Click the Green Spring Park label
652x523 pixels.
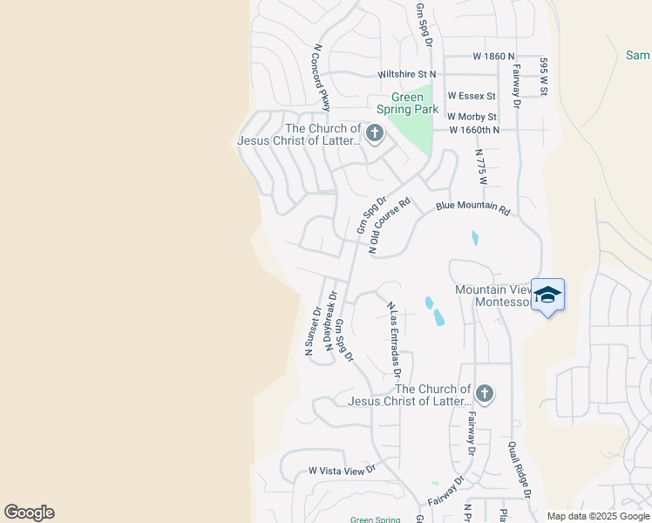coord(407,103)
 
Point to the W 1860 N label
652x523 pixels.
coord(477,56)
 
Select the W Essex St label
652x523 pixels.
coord(472,96)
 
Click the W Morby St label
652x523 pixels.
coord(472,117)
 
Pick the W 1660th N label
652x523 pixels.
coord(474,130)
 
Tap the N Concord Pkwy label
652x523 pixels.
coord(320,78)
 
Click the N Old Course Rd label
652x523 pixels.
coord(390,225)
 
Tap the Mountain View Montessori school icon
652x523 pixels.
coord(547,295)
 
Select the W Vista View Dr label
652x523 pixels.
coord(342,470)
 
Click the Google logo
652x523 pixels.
coord(29,513)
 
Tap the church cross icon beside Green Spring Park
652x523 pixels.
coord(375,134)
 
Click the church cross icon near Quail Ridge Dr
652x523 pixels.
coord(485,394)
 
